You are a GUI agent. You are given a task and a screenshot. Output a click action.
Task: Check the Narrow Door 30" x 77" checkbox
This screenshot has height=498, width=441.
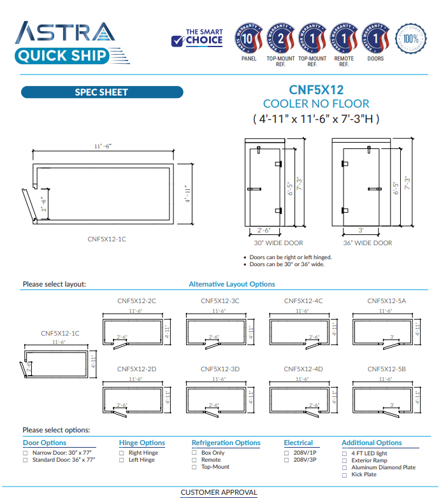point(25,453)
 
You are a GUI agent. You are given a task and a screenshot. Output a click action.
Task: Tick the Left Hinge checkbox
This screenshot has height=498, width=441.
point(122,460)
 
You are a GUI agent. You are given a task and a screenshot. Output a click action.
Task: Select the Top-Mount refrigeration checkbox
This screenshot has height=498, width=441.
point(194,467)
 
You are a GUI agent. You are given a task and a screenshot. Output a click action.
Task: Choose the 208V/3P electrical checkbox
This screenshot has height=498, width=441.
point(287,460)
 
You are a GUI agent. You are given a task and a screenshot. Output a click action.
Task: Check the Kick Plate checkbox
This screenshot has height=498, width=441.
point(345,474)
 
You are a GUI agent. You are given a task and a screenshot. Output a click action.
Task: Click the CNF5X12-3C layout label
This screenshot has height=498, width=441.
point(220,301)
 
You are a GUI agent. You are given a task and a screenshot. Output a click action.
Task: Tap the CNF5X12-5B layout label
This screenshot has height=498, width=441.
point(386,369)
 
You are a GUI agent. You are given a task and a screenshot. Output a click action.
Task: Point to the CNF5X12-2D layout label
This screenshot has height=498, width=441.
point(136,369)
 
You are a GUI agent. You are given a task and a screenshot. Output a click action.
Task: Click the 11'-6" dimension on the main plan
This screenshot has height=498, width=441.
point(103,146)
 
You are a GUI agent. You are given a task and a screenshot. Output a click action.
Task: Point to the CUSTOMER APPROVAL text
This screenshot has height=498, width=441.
point(219,492)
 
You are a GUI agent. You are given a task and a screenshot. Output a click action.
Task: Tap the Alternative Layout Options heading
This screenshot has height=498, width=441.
point(232,284)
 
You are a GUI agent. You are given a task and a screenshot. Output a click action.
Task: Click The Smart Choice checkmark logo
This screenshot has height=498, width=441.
point(197,38)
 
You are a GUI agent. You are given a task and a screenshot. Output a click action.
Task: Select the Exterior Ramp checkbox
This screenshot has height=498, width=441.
point(345,460)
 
